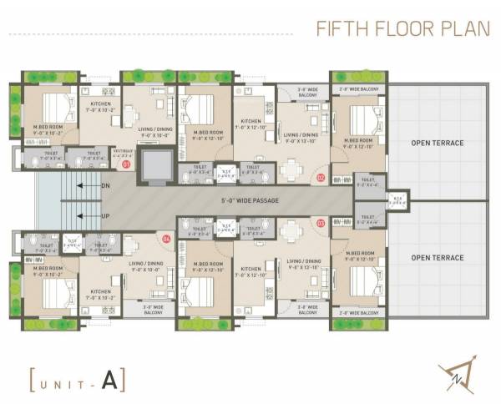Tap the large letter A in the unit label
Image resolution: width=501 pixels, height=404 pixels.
tap(109, 380)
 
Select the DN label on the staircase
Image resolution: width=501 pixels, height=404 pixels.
tap(105, 185)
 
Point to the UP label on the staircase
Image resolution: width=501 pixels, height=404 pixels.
tap(105, 215)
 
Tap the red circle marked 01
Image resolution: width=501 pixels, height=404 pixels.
tap(126, 165)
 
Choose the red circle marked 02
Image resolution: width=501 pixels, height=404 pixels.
tap(320, 177)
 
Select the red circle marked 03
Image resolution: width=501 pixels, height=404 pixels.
tap(320, 223)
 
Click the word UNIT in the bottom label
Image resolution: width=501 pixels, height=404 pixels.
tap(63, 381)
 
